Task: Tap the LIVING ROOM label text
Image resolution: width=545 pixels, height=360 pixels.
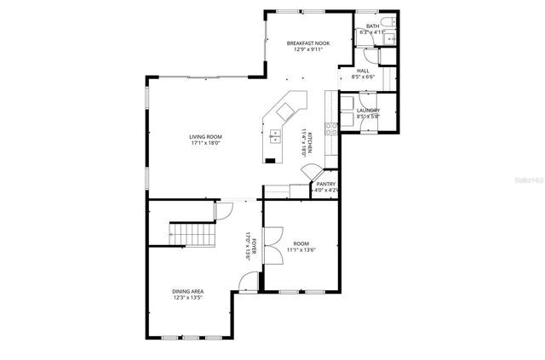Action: click(x=205, y=136)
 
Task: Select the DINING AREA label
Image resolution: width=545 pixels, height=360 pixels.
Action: click(x=188, y=292)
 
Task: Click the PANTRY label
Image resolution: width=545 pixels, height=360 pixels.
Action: click(x=326, y=184)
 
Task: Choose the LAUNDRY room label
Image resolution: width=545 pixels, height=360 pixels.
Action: click(x=368, y=111)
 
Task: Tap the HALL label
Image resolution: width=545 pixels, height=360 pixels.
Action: click(x=363, y=71)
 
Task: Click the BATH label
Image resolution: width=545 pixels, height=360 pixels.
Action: click(x=372, y=26)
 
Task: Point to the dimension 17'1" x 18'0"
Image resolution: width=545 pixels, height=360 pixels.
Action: click(x=205, y=143)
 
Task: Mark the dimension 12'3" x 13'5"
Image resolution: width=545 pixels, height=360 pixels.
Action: click(x=188, y=299)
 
